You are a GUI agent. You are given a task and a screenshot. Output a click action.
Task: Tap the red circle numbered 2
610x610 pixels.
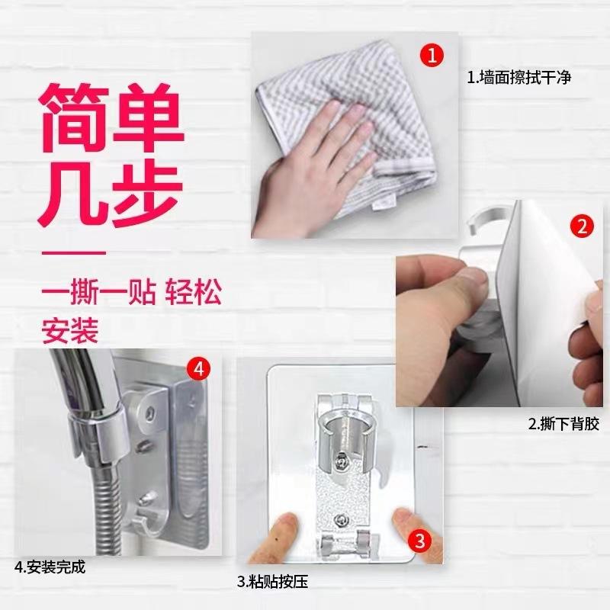[583, 226]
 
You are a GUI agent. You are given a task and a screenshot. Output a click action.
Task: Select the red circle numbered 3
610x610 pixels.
[420, 541]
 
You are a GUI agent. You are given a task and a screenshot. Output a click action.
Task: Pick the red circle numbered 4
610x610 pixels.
[199, 368]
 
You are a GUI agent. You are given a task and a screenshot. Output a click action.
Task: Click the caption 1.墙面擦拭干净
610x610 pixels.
[519, 78]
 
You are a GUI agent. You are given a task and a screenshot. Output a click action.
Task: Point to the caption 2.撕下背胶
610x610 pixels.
[563, 424]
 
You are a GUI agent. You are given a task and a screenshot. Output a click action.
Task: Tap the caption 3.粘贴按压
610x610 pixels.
[272, 582]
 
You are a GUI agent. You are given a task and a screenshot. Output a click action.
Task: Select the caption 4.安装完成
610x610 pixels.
[50, 567]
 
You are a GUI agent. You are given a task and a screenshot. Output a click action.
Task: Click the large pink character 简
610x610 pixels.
[74, 119]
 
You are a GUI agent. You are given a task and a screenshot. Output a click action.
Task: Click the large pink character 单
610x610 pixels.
[149, 119]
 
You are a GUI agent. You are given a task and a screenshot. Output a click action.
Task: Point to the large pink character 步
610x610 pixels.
[148, 194]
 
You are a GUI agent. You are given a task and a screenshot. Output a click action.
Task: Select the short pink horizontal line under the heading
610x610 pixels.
[73, 253]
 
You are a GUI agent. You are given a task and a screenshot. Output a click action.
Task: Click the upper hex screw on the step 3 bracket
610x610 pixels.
[340, 461]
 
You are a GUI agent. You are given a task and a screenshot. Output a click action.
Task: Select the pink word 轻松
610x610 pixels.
[193, 292]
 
